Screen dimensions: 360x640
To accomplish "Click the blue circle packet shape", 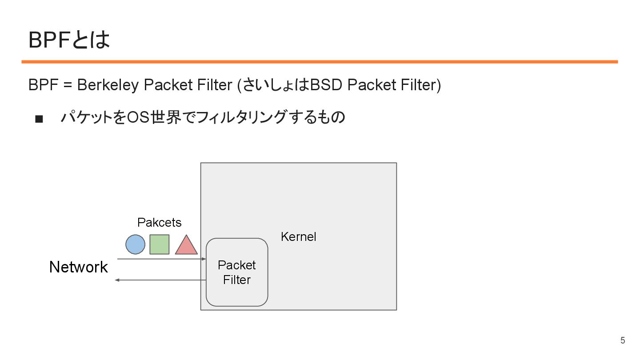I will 135,244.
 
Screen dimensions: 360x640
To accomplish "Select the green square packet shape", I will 160,244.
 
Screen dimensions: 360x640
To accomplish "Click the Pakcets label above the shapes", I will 159,222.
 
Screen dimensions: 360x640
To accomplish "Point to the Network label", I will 79,267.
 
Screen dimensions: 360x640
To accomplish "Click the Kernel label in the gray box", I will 298,237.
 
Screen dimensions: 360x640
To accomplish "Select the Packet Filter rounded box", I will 237,272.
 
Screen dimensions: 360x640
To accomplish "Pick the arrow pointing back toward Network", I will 160,280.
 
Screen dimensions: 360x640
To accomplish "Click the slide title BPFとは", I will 69,40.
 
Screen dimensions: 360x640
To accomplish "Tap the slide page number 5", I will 623,341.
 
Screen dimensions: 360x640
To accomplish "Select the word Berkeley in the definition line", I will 108,85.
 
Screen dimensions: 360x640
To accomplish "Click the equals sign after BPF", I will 67,85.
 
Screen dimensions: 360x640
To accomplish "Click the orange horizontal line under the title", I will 320,62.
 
